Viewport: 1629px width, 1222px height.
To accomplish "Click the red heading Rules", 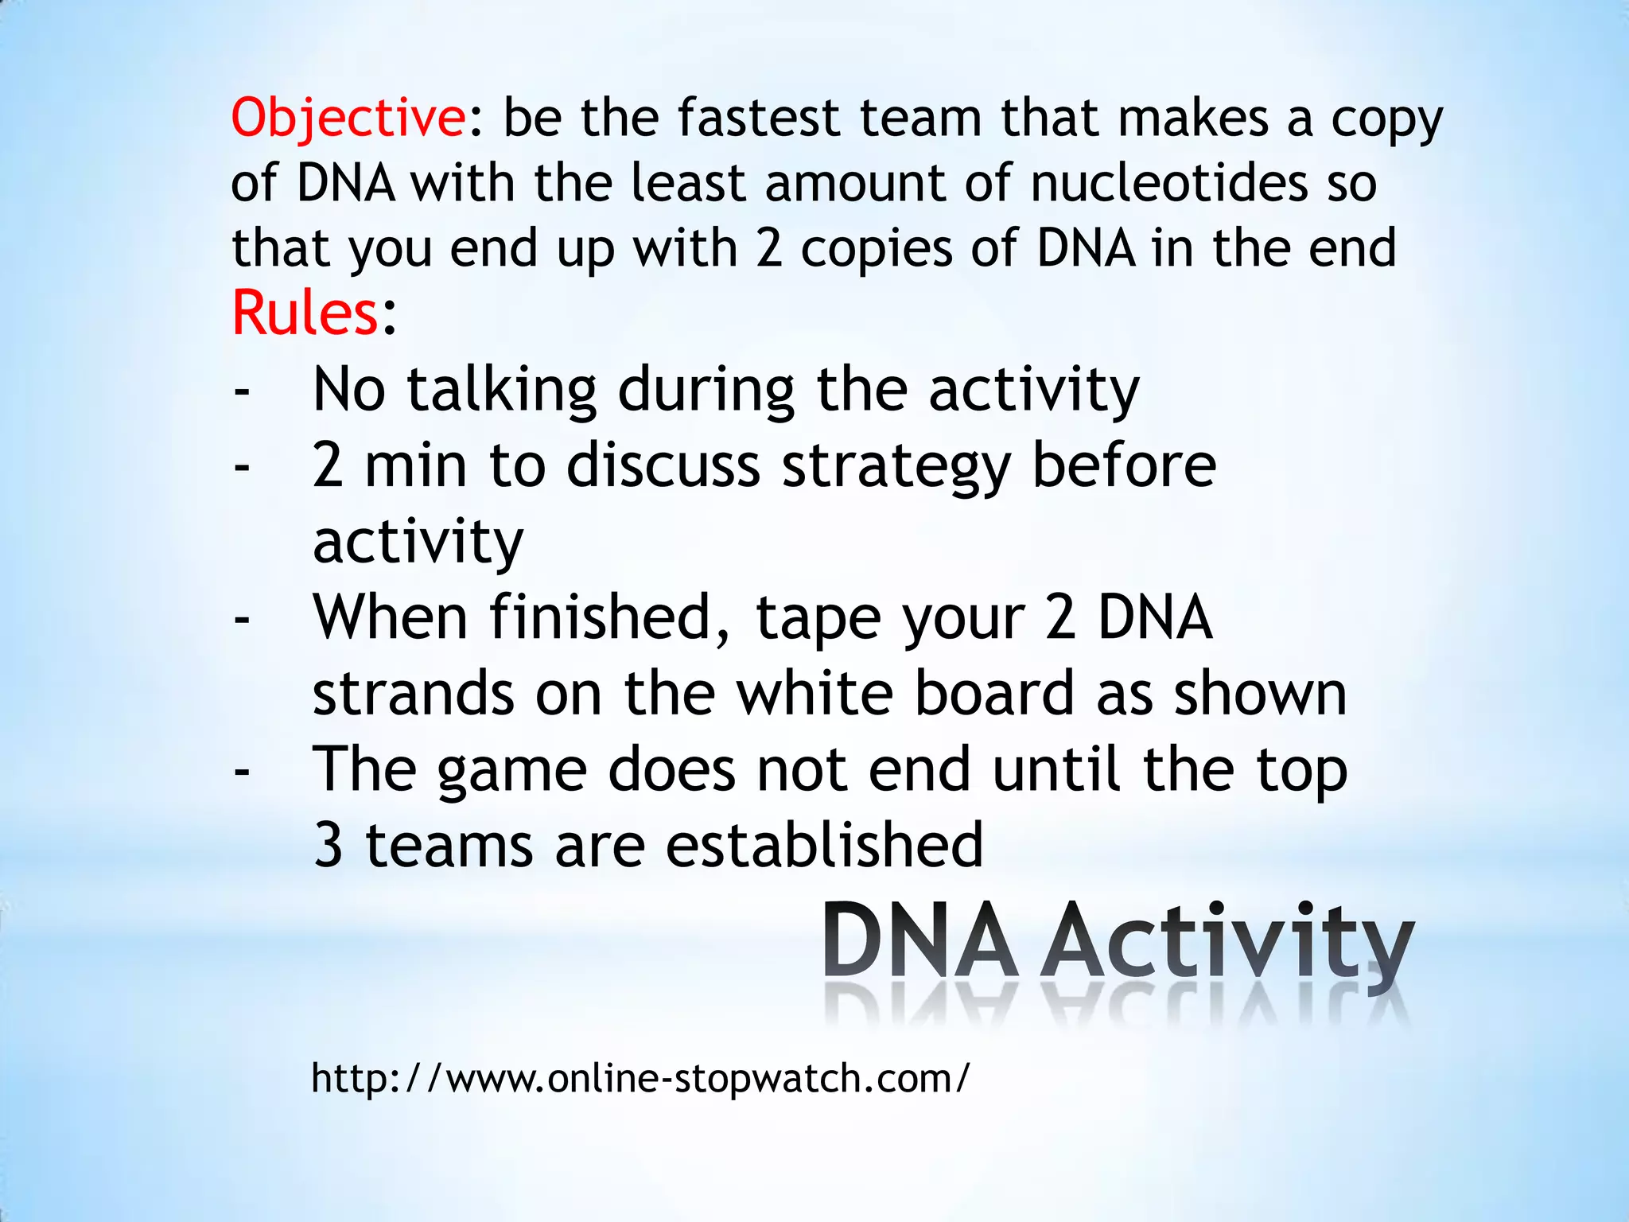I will coord(305,313).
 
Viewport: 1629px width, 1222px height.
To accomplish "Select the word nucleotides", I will coord(1168,183).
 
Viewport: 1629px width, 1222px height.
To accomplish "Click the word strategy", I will coord(896,467).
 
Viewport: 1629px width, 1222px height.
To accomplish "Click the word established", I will coord(824,845).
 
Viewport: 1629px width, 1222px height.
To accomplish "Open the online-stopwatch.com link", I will coord(640,1080).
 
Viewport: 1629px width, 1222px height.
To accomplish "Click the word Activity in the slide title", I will coord(1226,942).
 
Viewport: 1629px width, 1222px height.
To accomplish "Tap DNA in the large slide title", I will coord(919,942).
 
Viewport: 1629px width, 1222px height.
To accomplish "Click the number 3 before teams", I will coord(328,846).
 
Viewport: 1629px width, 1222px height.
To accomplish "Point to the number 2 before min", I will coord(328,466).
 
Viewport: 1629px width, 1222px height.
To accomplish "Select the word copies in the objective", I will coord(876,248).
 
